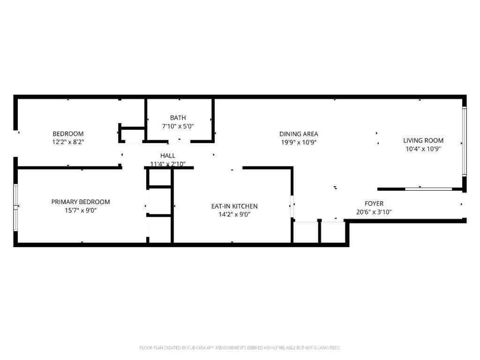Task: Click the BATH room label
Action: [x=178, y=118]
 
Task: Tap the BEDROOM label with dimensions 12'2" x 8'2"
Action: [x=68, y=134]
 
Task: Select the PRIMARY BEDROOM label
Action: [x=81, y=202]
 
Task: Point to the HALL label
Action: [x=168, y=156]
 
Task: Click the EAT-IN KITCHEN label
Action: [x=234, y=206]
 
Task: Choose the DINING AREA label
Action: [x=299, y=134]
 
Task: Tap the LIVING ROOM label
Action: [x=423, y=140]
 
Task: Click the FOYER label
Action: [x=374, y=203]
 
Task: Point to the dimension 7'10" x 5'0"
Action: [x=178, y=126]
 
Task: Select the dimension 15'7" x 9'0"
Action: [x=81, y=210]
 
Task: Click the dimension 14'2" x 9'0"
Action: [x=234, y=215]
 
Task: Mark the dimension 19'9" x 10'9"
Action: [x=299, y=142]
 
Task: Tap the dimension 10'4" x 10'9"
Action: [x=423, y=149]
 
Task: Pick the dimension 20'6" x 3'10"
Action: [x=374, y=212]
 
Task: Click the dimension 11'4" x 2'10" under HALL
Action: [x=168, y=164]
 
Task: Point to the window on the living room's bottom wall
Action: [x=428, y=189]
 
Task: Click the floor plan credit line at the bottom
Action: [x=240, y=347]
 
